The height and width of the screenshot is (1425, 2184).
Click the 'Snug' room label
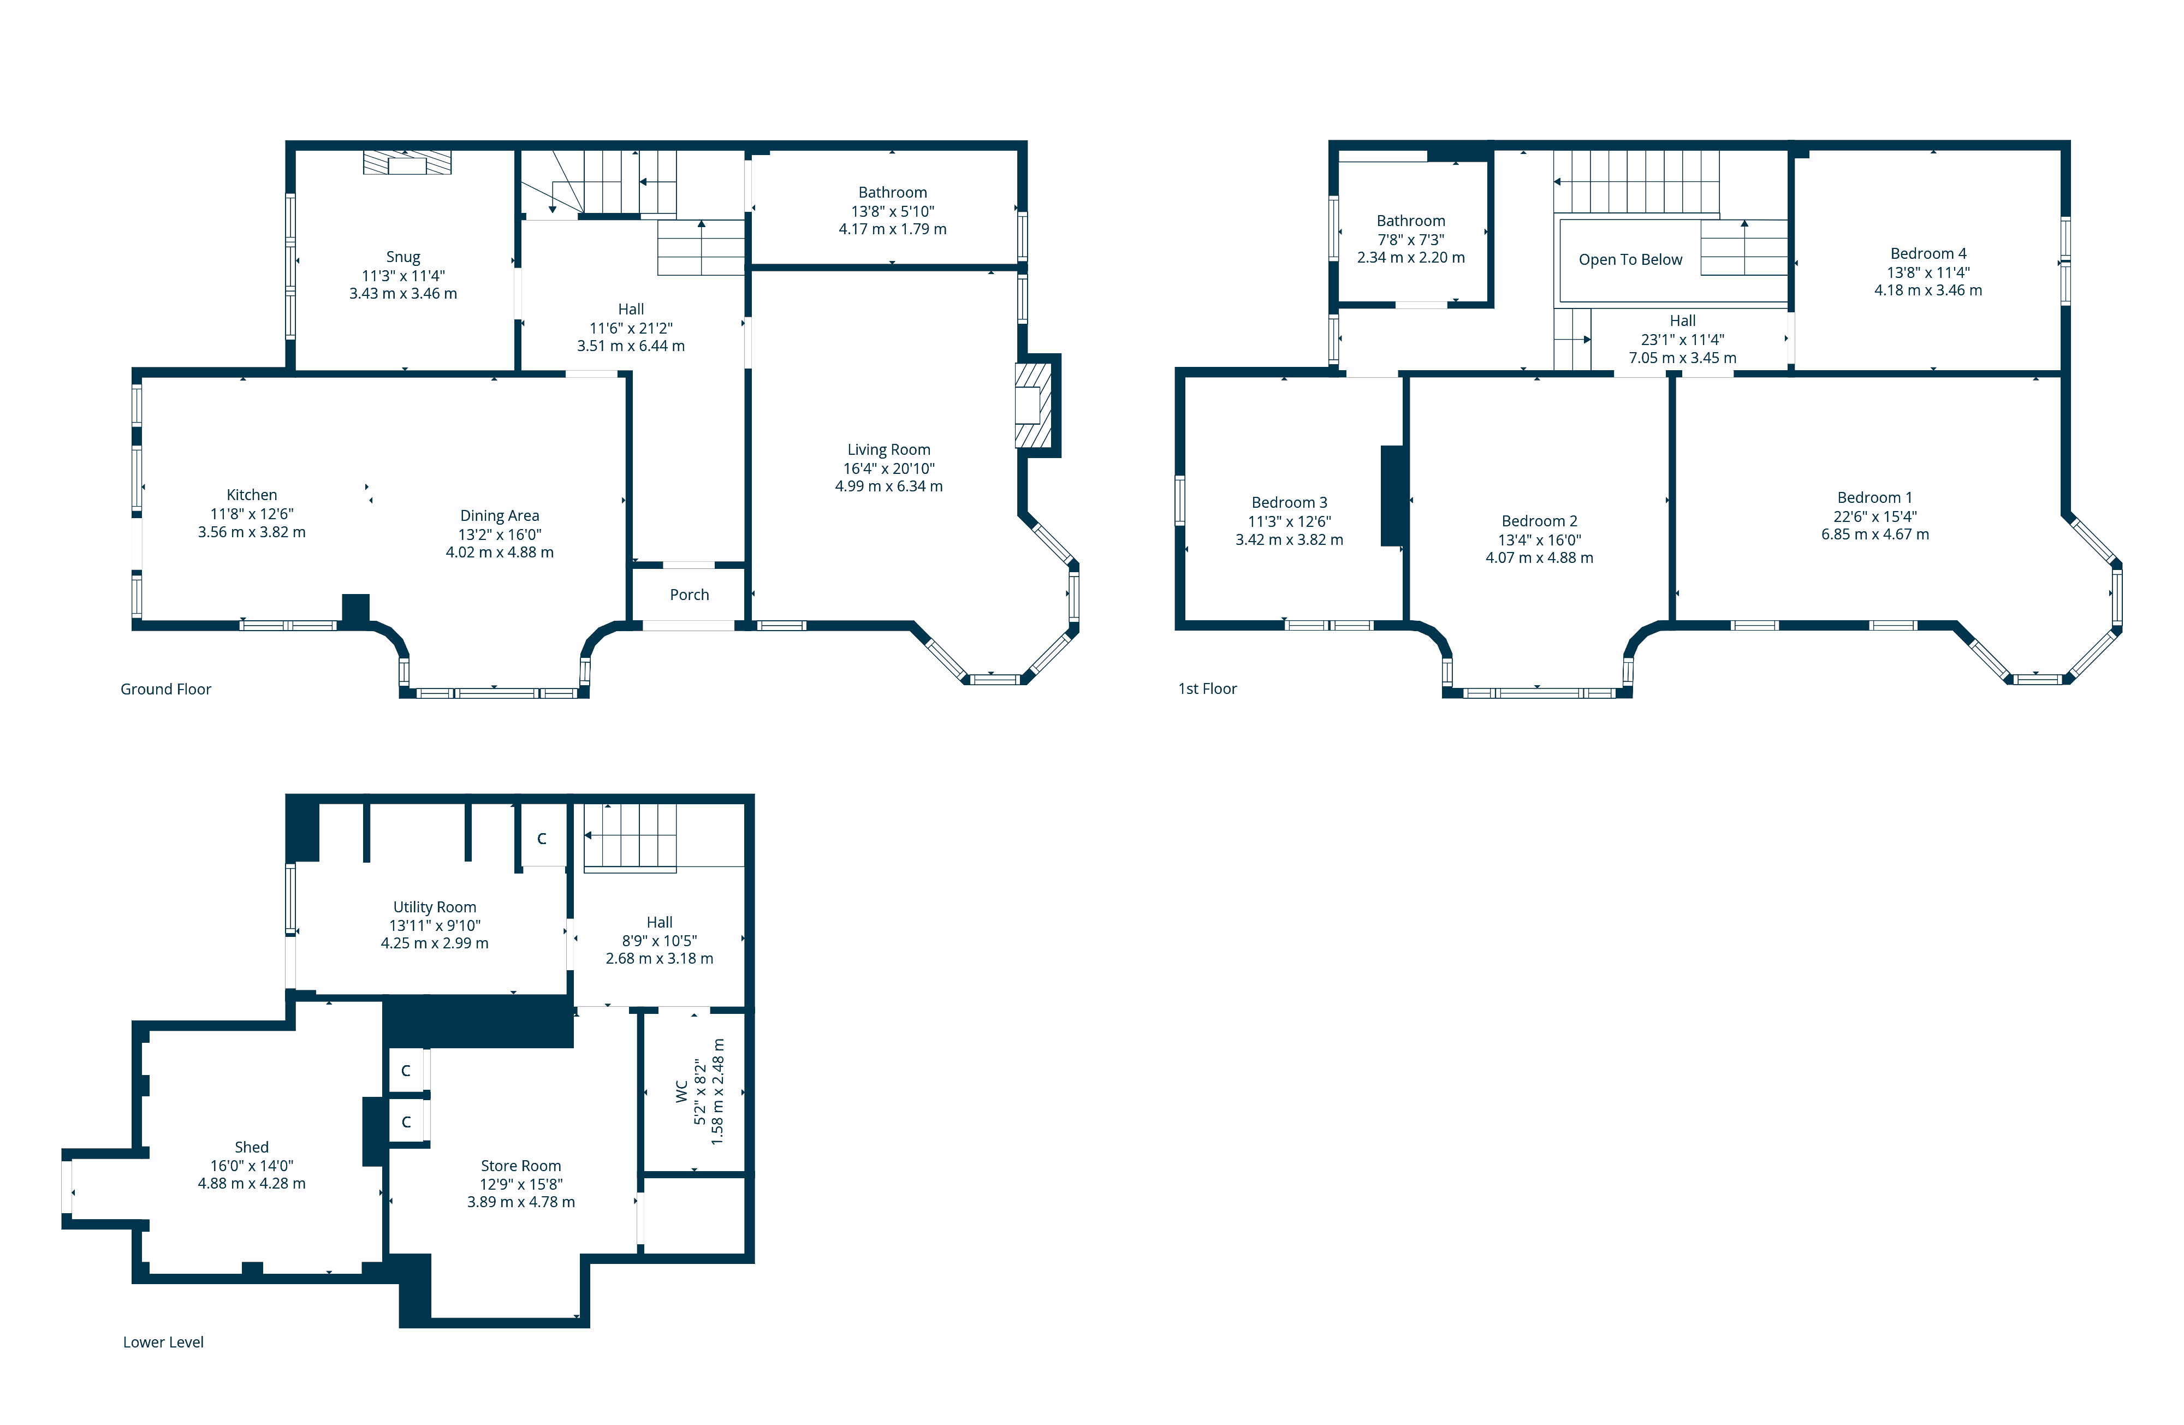(403, 257)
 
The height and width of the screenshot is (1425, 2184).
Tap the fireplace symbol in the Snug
(407, 163)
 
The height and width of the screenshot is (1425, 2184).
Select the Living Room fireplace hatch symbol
(1032, 405)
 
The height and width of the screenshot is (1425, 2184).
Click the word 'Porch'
(689, 595)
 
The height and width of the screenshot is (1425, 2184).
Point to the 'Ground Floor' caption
(165, 689)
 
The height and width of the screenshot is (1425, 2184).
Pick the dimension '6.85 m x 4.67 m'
(1875, 534)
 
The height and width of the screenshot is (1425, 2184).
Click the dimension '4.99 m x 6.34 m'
(888, 486)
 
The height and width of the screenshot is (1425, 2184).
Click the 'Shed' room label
(252, 1147)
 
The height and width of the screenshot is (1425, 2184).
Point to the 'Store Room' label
(520, 1165)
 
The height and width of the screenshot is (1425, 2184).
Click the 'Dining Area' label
(499, 516)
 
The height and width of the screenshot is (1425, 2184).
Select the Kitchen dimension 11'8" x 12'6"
(252, 514)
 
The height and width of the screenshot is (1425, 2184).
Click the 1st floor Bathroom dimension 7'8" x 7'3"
(1410, 240)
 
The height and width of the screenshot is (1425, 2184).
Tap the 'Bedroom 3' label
(1289, 503)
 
